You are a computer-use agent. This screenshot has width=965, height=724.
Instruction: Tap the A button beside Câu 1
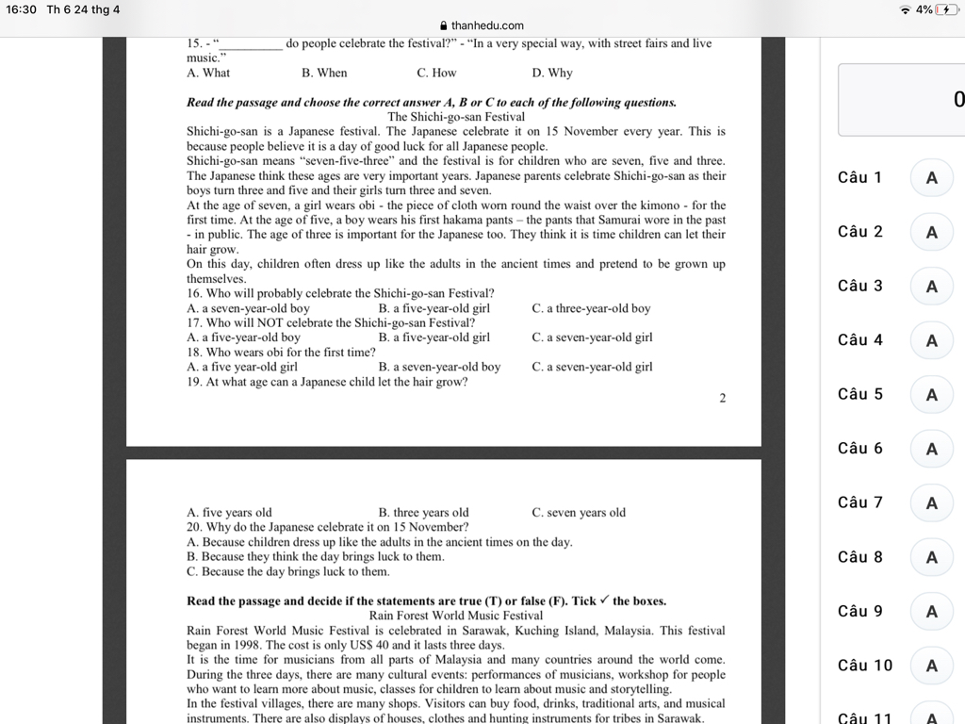point(931,177)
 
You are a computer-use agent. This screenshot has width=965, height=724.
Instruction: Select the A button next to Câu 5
point(931,394)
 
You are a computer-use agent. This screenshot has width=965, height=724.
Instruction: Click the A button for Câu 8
point(931,557)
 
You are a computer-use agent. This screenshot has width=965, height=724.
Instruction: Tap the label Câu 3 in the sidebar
point(859,286)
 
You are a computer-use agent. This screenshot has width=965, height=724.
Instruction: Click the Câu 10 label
point(864,666)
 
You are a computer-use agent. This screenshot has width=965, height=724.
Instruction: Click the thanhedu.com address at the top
point(486,25)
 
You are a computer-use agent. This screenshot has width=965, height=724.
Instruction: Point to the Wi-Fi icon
point(906,9)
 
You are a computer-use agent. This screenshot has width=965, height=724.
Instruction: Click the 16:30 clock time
point(21,9)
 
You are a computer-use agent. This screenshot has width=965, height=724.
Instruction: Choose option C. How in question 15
point(436,73)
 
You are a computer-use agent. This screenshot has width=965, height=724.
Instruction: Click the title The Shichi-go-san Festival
point(456,117)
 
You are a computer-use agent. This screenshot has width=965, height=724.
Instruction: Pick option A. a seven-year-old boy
point(248,308)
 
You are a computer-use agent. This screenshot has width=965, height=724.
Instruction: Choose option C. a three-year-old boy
point(591,308)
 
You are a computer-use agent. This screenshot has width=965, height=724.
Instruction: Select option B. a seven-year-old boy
point(439,367)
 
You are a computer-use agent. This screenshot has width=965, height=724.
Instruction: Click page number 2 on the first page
point(723,398)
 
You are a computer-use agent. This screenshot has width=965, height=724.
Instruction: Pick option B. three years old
point(423,513)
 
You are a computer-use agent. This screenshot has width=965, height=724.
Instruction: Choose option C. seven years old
point(579,513)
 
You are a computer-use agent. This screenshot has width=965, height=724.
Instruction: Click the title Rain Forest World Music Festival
point(456,616)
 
